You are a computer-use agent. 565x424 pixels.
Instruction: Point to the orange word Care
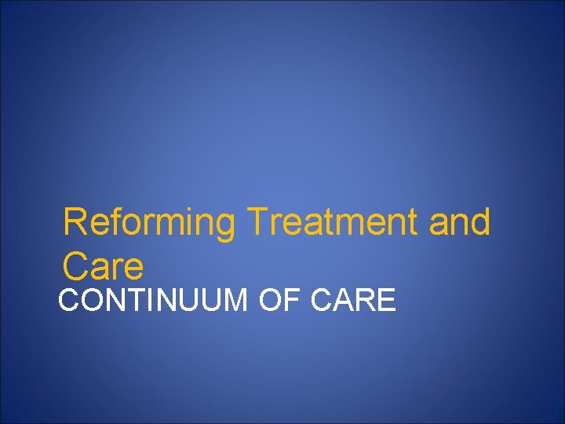click(104, 267)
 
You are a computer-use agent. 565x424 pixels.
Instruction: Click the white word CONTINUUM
click(152, 301)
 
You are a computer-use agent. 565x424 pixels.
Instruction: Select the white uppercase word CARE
click(354, 301)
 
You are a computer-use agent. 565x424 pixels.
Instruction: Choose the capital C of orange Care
click(77, 267)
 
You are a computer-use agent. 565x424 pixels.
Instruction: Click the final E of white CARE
click(387, 301)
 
